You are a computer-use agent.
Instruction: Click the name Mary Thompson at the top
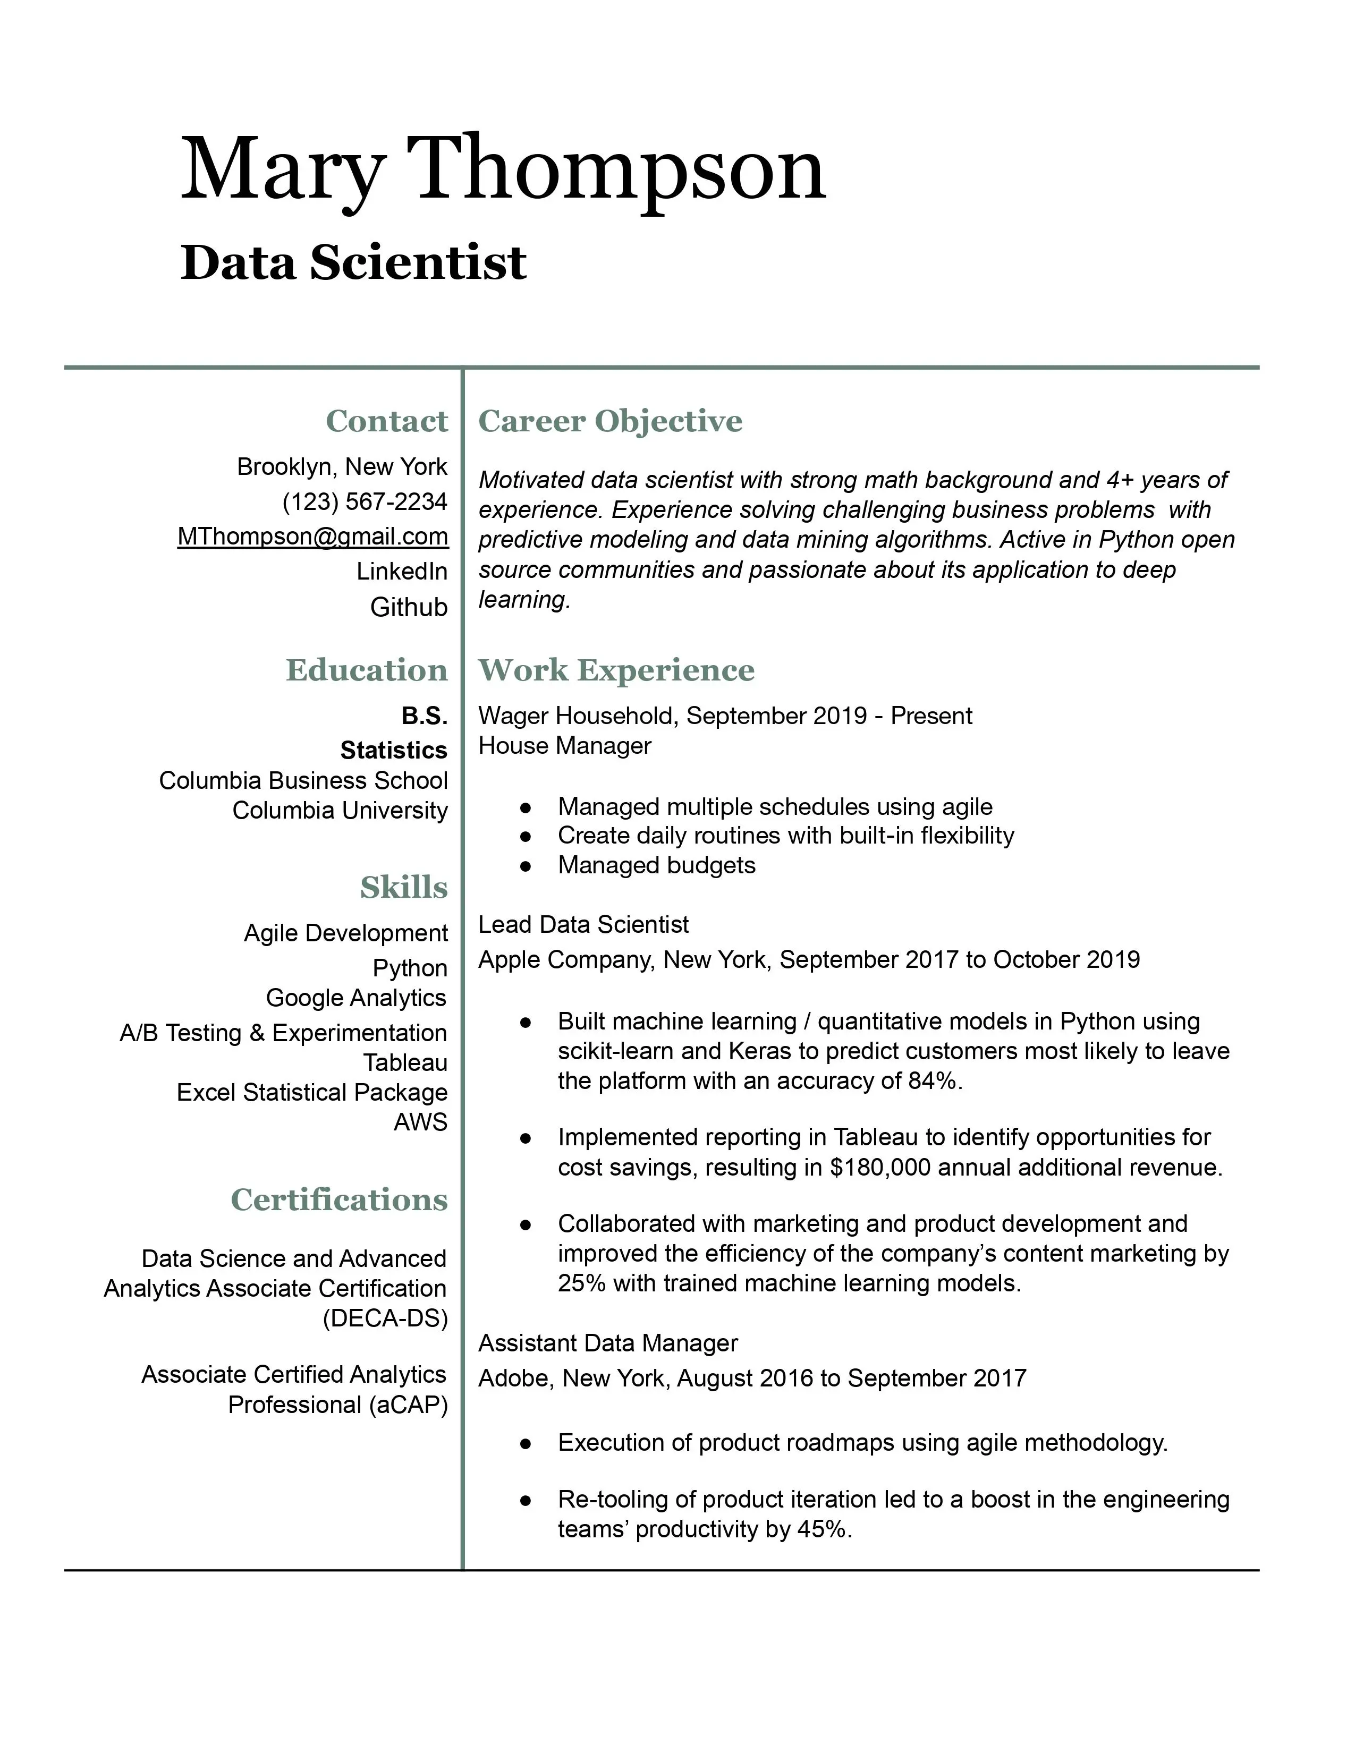coord(503,170)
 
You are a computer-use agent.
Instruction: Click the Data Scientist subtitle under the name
coord(353,263)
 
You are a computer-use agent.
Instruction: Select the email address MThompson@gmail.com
coord(313,536)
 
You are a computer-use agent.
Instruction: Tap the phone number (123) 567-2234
coord(365,501)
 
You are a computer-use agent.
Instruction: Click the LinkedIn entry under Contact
coord(402,572)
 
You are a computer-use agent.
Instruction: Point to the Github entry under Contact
coord(409,607)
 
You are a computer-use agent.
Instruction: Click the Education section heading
coord(367,670)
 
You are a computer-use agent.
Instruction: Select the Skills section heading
coord(404,887)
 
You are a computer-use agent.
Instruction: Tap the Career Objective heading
coord(610,421)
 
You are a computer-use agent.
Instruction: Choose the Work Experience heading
coord(616,670)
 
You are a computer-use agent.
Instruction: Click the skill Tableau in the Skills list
coord(405,1063)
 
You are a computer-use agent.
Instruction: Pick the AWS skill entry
coord(421,1122)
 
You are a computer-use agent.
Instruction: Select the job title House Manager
coord(564,746)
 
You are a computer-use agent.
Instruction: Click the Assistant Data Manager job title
coord(608,1343)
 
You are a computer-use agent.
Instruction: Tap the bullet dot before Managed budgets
coord(526,866)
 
